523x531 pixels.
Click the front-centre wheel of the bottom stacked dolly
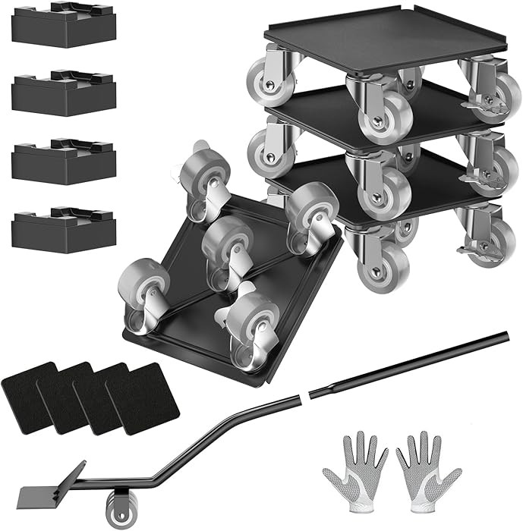[383, 262]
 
